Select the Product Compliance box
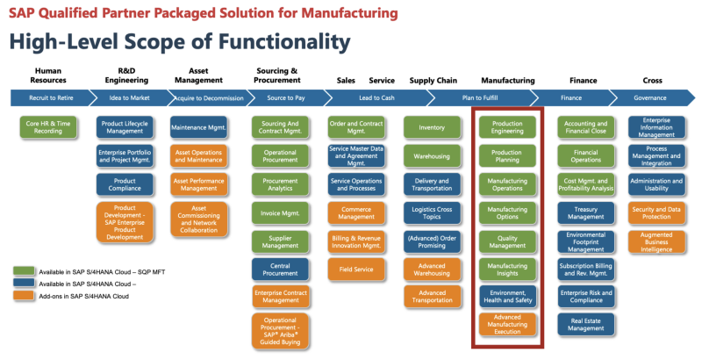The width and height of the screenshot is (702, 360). pyautogui.click(x=124, y=184)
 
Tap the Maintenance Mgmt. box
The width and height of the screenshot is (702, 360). pyautogui.click(x=199, y=128)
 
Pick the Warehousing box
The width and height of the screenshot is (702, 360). pyautogui.click(x=432, y=156)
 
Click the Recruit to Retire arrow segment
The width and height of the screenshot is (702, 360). pyautogui.click(x=48, y=97)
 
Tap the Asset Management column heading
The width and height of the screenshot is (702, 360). pyautogui.click(x=199, y=76)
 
